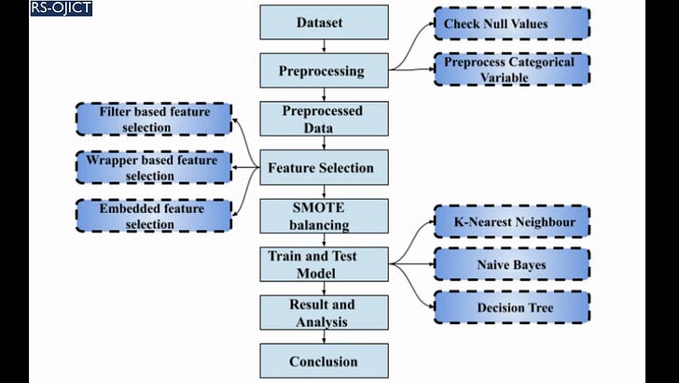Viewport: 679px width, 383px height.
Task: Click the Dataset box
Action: point(323,22)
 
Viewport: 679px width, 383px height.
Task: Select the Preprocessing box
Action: point(323,71)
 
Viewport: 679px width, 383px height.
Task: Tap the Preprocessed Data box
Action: point(323,119)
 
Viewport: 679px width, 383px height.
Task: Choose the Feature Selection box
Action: point(323,168)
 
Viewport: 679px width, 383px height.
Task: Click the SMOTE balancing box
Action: point(323,216)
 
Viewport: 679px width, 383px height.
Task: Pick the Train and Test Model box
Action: point(323,264)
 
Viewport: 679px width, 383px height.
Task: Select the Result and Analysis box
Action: point(323,313)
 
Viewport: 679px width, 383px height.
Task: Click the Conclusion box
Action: point(323,362)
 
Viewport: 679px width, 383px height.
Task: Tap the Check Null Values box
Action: point(510,23)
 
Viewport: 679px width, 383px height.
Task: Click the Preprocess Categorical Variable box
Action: point(510,70)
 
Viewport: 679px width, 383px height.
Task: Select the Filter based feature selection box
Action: point(153,120)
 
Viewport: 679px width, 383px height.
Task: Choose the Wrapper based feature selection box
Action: point(153,168)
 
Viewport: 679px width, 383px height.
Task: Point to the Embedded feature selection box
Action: point(153,217)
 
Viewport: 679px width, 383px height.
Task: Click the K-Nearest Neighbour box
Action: point(510,222)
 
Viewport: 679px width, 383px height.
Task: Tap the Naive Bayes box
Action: point(510,265)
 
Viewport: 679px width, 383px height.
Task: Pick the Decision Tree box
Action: point(510,307)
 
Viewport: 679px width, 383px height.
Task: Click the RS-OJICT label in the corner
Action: point(60,9)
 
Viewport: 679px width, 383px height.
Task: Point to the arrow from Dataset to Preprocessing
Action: point(323,47)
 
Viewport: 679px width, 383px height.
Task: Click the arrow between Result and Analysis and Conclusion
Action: point(323,337)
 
